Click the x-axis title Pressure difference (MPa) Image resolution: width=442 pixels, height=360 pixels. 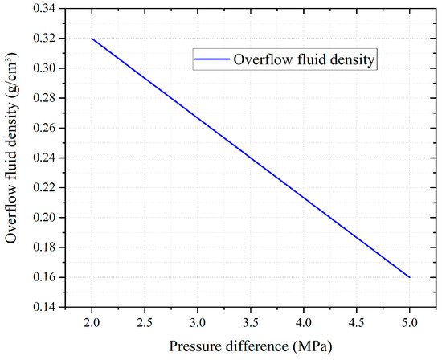point(251,346)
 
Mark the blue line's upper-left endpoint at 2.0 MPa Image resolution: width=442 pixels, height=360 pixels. point(92,39)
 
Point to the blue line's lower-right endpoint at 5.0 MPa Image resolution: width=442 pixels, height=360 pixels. point(409,277)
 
